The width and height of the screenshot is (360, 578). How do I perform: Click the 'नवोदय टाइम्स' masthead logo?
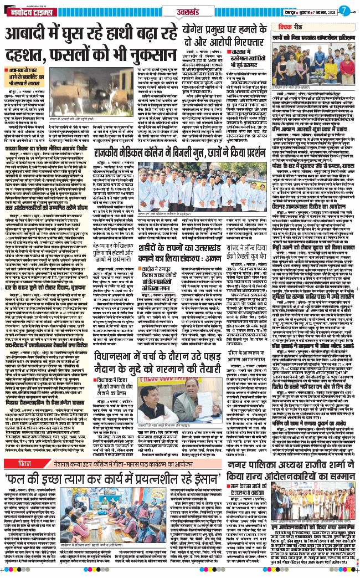(x=28, y=11)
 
